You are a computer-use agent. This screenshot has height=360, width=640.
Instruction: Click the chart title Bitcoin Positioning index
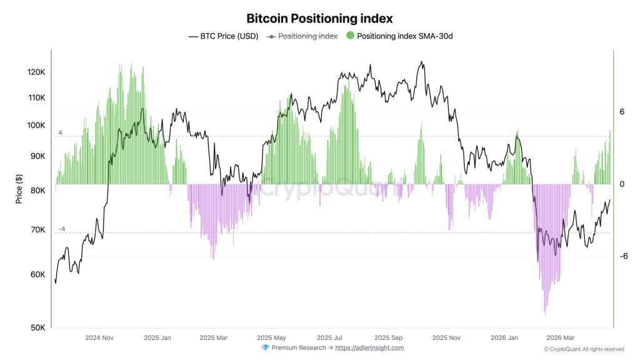coord(319,19)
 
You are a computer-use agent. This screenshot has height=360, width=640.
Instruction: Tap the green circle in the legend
coord(350,36)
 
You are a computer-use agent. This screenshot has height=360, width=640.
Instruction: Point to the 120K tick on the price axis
coord(36,72)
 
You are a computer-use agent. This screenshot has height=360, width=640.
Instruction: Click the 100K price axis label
coord(36,126)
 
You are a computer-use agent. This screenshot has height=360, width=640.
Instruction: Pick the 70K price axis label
coord(38,230)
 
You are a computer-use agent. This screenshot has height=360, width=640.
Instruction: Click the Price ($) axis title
coord(19,188)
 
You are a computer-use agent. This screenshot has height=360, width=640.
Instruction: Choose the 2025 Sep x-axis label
coord(387,337)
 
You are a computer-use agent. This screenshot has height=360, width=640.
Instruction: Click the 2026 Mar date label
coord(560,337)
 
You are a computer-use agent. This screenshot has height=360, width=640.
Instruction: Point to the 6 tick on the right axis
coord(622,112)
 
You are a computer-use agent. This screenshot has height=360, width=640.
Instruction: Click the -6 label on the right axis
coord(623,256)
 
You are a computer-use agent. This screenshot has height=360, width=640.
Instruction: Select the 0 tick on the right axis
coord(622,184)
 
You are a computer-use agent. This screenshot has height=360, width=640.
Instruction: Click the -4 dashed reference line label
coord(61,229)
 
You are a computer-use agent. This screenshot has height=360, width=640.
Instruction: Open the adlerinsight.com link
coord(369,348)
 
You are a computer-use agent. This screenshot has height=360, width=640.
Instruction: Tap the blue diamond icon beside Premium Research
coord(265,348)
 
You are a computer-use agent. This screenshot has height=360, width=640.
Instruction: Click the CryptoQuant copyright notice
coord(584,349)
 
